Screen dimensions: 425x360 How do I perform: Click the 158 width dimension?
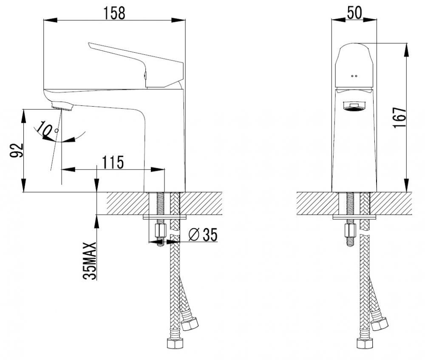(x=114, y=13)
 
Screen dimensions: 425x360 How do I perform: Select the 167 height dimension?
(x=399, y=118)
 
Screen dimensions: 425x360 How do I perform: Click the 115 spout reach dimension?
(x=113, y=162)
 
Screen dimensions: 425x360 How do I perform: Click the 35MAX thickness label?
(x=90, y=261)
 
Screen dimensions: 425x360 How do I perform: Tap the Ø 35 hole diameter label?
(x=203, y=234)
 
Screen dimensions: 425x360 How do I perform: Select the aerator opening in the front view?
(x=354, y=106)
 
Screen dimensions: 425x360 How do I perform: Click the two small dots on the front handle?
(x=354, y=76)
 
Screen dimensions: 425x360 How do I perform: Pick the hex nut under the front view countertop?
(x=350, y=230)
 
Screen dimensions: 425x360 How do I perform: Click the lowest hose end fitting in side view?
(x=175, y=343)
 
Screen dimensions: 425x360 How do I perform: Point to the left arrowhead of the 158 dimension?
(x=51, y=20)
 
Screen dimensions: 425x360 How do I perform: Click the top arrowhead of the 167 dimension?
(x=407, y=50)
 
